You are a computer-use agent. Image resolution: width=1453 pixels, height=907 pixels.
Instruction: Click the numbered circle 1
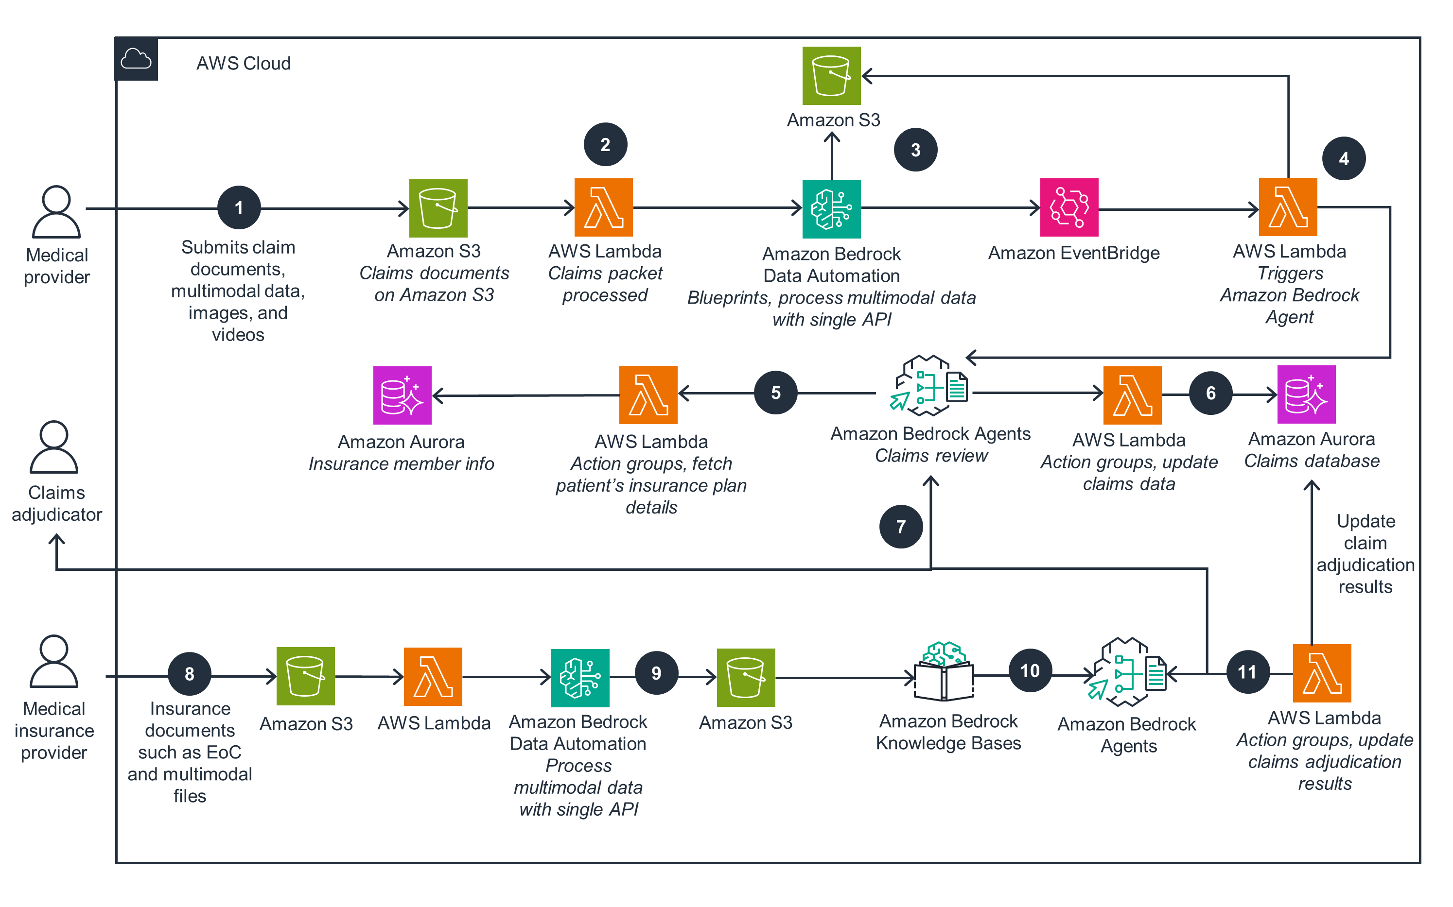[x=239, y=208]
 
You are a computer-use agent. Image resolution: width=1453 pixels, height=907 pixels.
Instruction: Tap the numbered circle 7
[x=900, y=527]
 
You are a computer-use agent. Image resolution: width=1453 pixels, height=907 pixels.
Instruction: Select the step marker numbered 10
[x=1030, y=670]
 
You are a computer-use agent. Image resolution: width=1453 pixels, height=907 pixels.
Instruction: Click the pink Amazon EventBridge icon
[x=1069, y=207]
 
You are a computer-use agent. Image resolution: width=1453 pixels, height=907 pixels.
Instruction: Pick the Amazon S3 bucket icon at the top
[x=831, y=76]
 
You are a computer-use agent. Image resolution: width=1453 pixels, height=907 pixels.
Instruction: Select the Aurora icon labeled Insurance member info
[x=402, y=395]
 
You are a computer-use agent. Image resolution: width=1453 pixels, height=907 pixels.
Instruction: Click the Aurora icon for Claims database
[x=1306, y=394]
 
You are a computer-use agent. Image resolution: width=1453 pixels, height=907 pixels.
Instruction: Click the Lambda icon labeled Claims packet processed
[x=603, y=207]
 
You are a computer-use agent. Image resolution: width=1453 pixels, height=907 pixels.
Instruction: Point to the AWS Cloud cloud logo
[x=136, y=59]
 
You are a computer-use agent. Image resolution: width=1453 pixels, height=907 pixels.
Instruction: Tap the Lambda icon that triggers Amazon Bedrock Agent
[x=1287, y=207]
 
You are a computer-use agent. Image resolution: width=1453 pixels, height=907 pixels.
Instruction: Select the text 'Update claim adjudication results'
[x=1365, y=554]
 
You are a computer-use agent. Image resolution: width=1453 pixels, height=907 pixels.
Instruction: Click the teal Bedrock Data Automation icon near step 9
[x=580, y=678]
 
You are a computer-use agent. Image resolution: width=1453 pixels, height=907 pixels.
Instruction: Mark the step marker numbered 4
[x=1343, y=159]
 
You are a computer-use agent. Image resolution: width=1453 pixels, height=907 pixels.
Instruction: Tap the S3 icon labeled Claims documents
[x=438, y=208]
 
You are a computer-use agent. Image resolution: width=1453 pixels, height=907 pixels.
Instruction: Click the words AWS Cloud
[x=243, y=64]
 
